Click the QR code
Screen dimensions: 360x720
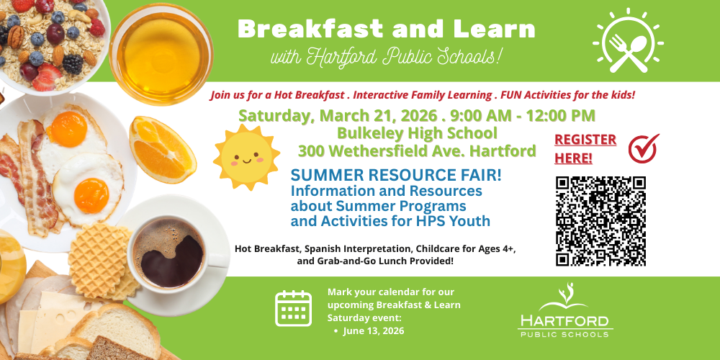click(600, 221)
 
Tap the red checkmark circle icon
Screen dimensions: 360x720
click(643, 148)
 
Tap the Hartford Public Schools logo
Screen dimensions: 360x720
click(565, 313)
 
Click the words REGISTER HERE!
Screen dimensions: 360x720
click(585, 148)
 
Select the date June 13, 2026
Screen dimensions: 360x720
click(373, 330)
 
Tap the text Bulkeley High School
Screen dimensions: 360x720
click(417, 133)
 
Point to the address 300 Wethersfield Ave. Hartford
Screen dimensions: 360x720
click(417, 151)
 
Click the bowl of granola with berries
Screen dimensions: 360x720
click(47, 40)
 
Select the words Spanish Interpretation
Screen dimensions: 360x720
click(354, 248)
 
